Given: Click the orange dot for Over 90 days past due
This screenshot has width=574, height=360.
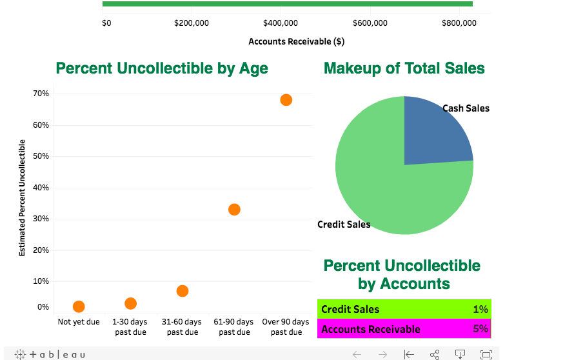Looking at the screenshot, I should [x=286, y=100].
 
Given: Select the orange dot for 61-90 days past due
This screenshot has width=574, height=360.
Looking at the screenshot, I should [x=234, y=210].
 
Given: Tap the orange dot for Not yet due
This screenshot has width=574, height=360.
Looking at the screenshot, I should [x=79, y=306].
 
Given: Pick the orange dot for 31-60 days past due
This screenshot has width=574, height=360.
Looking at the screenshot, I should [x=183, y=291].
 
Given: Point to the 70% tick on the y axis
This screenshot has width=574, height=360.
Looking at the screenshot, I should [x=41, y=94].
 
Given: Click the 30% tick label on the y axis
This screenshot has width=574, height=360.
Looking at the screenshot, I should [x=41, y=219].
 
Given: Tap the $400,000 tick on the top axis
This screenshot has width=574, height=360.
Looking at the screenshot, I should [x=281, y=23].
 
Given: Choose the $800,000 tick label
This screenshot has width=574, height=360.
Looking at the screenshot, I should [x=459, y=23].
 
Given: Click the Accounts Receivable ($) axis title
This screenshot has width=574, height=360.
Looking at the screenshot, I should [x=296, y=42].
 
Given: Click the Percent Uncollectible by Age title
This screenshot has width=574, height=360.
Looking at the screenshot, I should [x=162, y=68].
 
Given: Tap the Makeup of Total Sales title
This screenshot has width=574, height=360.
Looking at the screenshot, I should [x=404, y=68].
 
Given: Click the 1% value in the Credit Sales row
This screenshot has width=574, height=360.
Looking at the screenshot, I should [x=480, y=309].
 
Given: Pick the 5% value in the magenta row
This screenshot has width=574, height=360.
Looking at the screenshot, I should [x=480, y=329].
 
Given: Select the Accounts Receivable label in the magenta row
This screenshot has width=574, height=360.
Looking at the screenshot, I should [x=371, y=329].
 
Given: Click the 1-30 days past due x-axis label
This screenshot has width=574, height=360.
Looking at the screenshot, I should [x=130, y=326].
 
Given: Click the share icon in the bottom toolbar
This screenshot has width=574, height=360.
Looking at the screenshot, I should [x=435, y=354].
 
